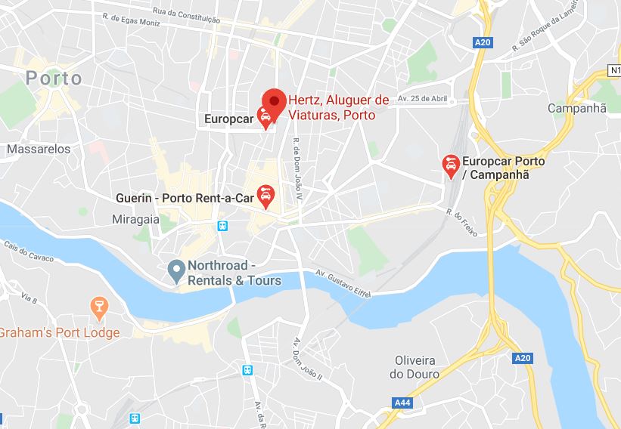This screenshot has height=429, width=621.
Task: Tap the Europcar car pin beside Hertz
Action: (x=265, y=117)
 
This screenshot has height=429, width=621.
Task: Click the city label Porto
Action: (x=54, y=78)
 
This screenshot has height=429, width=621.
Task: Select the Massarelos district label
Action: (x=39, y=149)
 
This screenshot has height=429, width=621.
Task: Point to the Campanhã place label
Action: (x=576, y=108)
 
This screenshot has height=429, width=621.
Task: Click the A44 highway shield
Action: (x=403, y=403)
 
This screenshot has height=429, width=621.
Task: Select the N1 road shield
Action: (x=613, y=70)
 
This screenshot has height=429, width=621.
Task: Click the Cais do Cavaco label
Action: (x=29, y=252)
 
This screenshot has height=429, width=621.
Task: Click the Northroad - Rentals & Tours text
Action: (x=234, y=273)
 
